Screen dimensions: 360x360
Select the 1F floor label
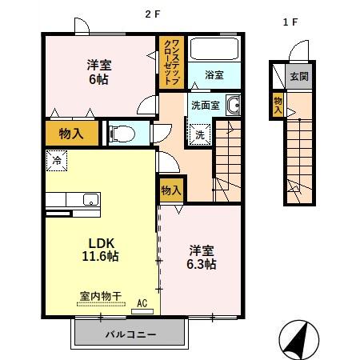(x=290, y=22)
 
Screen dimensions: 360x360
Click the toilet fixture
(x=123, y=133)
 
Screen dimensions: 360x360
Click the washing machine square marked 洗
(x=200, y=134)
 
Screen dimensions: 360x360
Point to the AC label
(x=142, y=304)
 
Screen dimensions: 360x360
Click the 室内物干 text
(x=100, y=296)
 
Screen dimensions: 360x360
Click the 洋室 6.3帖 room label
(x=202, y=255)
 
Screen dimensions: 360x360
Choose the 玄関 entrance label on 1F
(x=298, y=77)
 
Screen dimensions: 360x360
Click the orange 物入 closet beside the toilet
(x=72, y=134)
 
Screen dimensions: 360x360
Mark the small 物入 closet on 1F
(x=278, y=105)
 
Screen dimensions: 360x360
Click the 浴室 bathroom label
(x=214, y=74)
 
